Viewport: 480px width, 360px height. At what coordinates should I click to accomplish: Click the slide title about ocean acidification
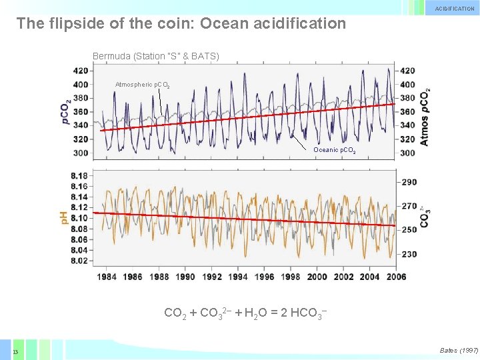click(x=181, y=24)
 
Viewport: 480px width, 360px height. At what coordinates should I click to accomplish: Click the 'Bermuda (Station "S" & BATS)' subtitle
click(x=155, y=56)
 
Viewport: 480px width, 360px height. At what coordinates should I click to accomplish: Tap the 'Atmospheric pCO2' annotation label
click(x=142, y=85)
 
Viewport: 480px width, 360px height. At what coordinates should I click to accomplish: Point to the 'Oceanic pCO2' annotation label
click(x=334, y=151)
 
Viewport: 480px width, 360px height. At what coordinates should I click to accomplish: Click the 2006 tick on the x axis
click(x=397, y=277)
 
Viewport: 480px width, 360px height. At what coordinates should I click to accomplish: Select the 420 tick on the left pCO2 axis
click(x=81, y=71)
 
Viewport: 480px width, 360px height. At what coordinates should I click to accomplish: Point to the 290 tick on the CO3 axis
click(x=409, y=182)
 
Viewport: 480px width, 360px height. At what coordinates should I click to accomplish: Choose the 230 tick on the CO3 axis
click(x=409, y=254)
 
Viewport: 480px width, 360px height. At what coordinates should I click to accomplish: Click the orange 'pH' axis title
click(x=64, y=217)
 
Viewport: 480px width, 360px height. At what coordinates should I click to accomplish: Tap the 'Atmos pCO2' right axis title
click(x=425, y=117)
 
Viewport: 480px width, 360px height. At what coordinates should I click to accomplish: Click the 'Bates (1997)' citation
click(x=459, y=350)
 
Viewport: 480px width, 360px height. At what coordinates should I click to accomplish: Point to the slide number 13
click(x=15, y=352)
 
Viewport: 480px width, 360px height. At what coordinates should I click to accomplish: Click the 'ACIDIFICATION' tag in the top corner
click(x=455, y=9)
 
